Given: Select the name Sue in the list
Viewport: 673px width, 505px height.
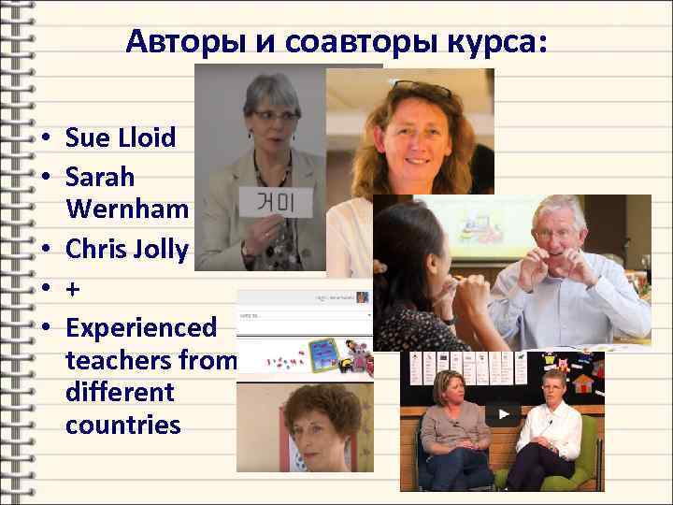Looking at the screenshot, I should point(87,138).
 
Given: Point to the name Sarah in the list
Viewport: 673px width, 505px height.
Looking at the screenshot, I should point(100,177).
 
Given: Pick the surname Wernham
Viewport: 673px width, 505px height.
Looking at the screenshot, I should point(127,214).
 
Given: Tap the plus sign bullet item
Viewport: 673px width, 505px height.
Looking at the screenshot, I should point(73,291).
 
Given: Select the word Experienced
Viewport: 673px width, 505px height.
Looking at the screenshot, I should point(141,329).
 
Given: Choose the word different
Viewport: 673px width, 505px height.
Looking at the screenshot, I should point(120,392).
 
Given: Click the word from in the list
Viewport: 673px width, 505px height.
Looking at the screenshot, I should point(216,360).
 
